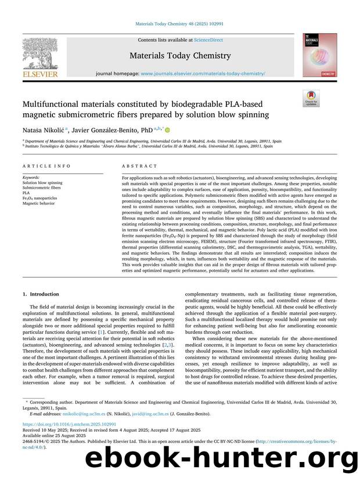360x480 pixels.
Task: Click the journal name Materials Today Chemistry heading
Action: pos(180,56)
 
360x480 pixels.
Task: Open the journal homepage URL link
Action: pos(203,74)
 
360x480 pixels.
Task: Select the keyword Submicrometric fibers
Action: pos(42,187)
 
